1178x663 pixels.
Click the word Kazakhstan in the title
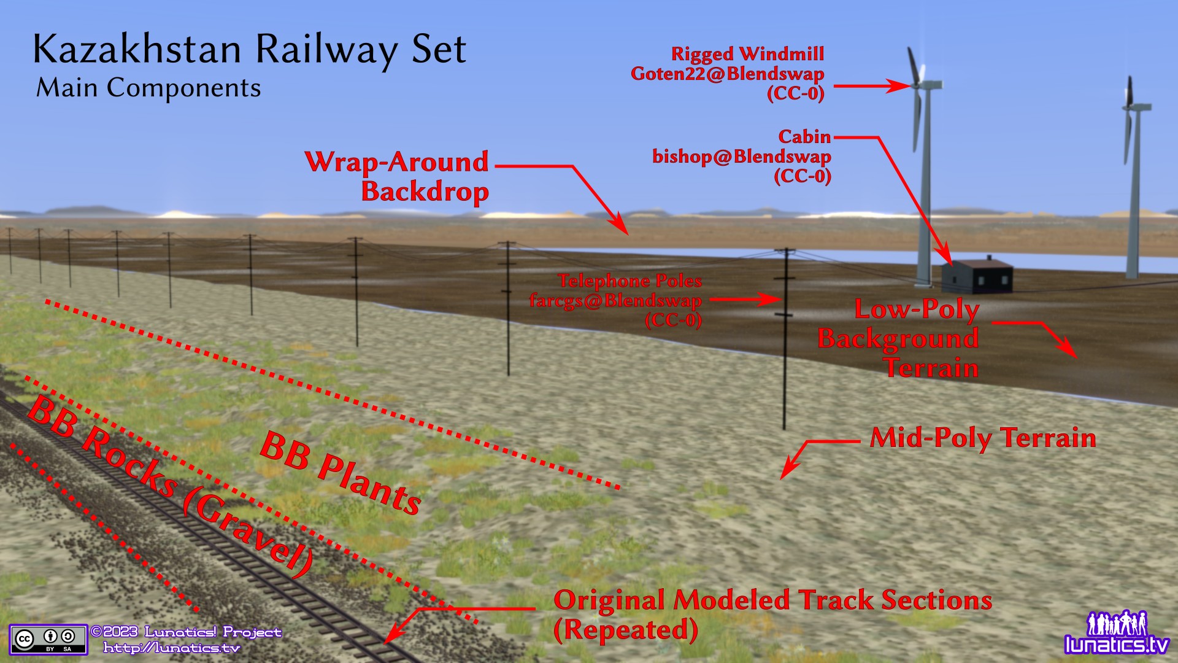coord(137,49)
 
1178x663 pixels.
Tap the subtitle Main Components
coord(148,88)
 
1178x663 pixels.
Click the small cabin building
coord(977,276)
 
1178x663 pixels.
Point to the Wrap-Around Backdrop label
coord(398,176)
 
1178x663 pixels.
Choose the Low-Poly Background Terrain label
coord(899,339)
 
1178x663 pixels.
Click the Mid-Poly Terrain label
coord(983,438)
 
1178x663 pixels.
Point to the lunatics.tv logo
coord(1117,633)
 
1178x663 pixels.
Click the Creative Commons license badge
coord(48,640)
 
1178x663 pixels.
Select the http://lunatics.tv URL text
coord(171,648)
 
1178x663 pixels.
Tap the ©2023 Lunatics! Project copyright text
coord(186,632)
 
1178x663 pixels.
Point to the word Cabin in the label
coord(804,137)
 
